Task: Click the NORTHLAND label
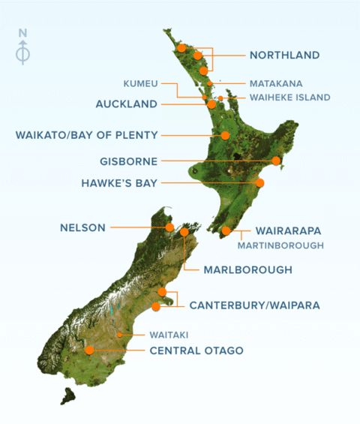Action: click(x=284, y=55)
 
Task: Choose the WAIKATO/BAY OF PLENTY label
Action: click(x=86, y=135)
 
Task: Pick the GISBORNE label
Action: click(x=128, y=161)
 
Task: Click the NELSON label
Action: click(x=83, y=227)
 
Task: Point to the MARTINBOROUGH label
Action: click(x=280, y=245)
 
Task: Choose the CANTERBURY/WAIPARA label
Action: click(x=254, y=305)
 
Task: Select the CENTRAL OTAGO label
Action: click(x=196, y=350)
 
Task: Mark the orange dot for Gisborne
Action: click(x=276, y=161)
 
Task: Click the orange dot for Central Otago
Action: click(x=90, y=350)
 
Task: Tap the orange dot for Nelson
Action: click(x=169, y=227)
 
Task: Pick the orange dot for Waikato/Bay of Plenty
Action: click(x=225, y=135)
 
